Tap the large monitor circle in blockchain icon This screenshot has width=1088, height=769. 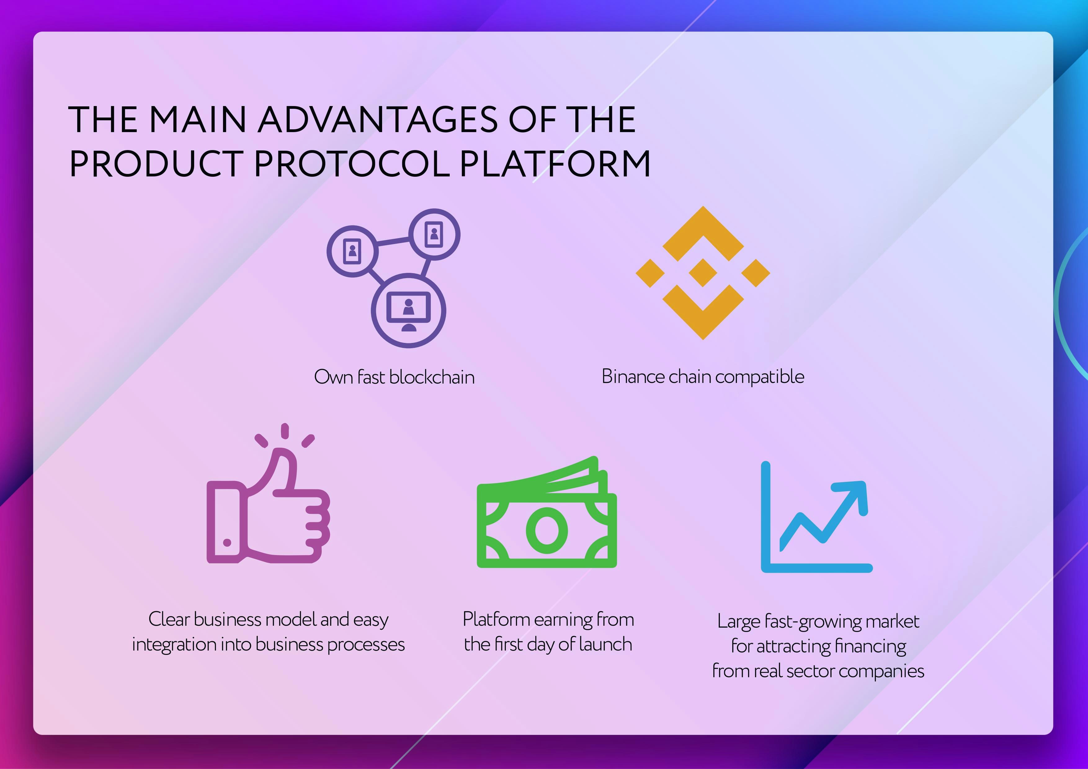(x=408, y=311)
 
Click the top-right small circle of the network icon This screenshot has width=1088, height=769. (x=434, y=234)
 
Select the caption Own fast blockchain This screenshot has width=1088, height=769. (x=394, y=377)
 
